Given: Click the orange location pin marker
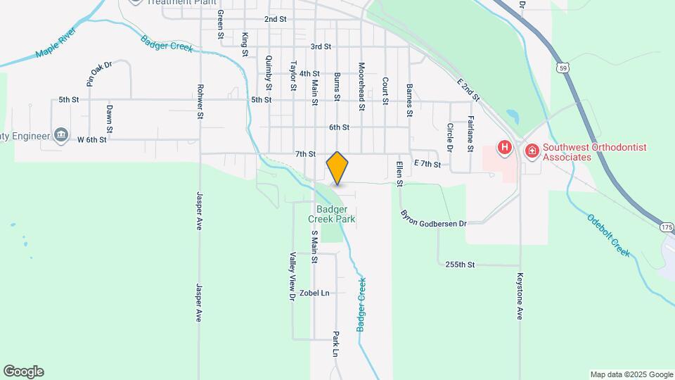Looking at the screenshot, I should click(337, 167).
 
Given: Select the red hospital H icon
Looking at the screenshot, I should click(504, 148).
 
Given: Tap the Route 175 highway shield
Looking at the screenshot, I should click(667, 227).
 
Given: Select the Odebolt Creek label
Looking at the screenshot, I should click(609, 234).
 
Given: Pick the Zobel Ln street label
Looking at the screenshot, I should click(314, 293).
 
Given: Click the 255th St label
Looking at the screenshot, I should click(461, 265).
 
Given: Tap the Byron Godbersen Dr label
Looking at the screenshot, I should click(434, 218).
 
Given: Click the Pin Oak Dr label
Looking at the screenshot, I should click(99, 73).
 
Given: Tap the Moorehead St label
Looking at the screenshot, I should click(361, 87).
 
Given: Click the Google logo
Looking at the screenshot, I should click(24, 371).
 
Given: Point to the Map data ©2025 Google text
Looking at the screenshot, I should click(631, 374).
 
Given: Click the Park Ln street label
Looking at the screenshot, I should click(336, 343).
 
